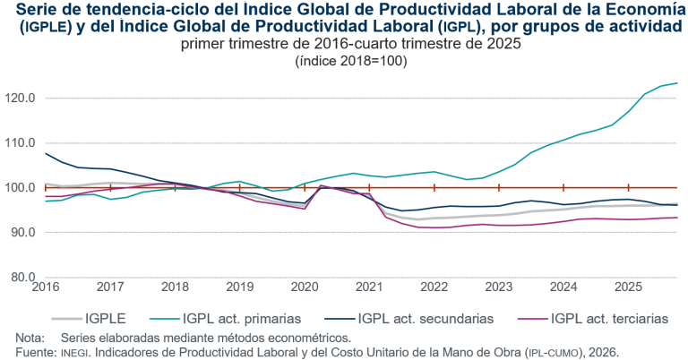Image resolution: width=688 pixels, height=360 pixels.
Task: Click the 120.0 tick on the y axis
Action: point(20,98)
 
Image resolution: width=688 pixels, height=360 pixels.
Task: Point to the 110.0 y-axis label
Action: point(20,142)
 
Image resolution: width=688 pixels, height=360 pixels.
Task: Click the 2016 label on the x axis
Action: point(45,287)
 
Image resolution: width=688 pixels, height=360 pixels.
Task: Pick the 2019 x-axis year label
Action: point(239,287)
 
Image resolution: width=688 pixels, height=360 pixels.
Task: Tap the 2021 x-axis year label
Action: point(369,287)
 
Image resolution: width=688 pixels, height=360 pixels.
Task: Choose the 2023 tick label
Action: point(499,287)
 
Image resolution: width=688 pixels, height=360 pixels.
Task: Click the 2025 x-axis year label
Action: point(628,287)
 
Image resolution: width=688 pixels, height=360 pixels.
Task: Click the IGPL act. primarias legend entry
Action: point(241,316)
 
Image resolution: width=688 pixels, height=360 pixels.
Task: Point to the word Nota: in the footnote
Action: point(30,339)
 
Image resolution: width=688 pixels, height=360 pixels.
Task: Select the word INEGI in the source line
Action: point(74,353)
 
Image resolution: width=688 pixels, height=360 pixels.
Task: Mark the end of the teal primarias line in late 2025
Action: point(676,83)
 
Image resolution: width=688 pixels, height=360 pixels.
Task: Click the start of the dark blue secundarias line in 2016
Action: point(46,153)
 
